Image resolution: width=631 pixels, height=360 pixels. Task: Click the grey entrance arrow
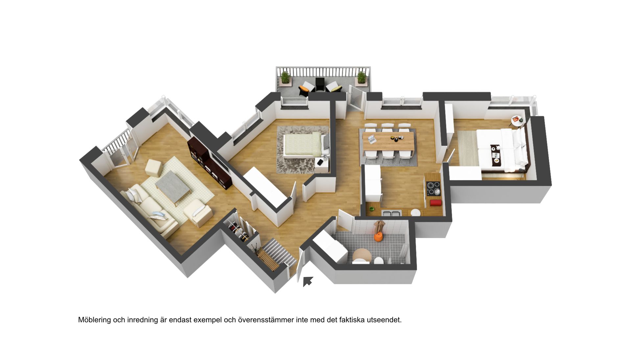308,281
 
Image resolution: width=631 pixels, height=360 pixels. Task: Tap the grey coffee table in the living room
173,186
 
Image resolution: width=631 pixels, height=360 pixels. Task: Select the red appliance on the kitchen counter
435,203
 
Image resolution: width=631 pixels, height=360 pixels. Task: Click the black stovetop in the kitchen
433,188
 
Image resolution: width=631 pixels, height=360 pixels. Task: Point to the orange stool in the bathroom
379,237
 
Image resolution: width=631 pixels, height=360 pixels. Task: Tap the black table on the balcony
320,84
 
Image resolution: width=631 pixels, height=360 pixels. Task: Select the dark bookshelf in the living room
209,163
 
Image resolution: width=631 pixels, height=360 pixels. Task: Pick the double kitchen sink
391,213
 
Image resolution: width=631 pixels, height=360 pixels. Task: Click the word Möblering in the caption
95,320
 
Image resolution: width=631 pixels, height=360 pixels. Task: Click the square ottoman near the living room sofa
153,168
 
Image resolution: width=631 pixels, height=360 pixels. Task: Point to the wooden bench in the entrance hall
268,260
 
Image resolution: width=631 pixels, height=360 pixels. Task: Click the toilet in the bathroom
379,261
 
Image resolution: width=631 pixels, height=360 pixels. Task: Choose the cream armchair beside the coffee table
198,213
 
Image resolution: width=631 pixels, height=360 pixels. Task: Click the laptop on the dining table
371,139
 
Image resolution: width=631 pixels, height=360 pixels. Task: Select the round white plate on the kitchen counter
416,212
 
